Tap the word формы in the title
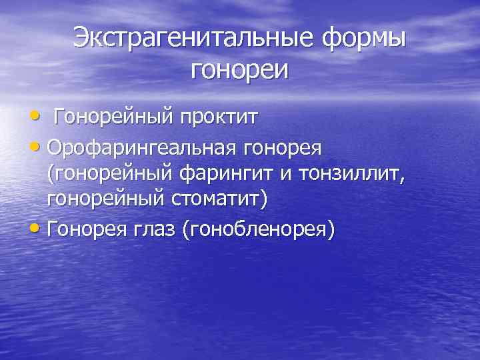point(365,37)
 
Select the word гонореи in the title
point(240,69)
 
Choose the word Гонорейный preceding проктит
point(112,117)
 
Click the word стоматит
point(215,201)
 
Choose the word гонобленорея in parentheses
point(263,229)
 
